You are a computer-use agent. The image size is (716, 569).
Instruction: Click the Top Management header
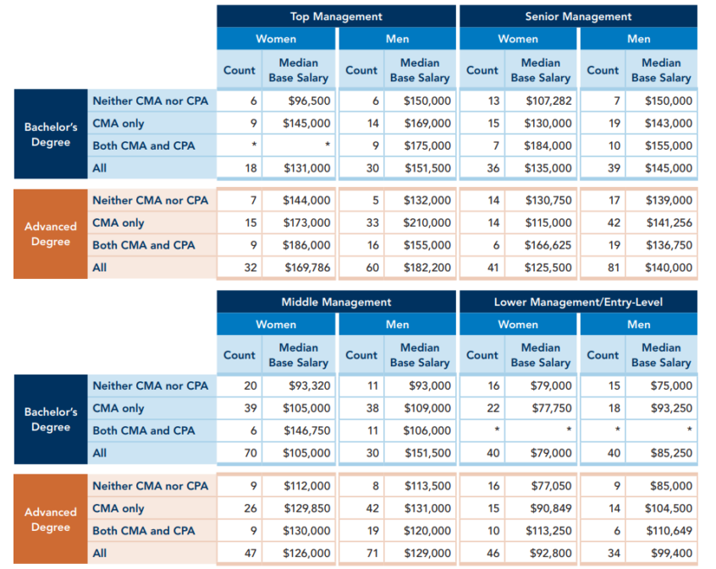(336, 16)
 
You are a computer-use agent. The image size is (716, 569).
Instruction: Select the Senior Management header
(578, 16)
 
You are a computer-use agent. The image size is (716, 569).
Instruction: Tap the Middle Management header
(336, 302)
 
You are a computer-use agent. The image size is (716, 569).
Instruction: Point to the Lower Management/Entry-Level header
(578, 302)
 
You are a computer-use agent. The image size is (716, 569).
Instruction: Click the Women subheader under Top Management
(276, 39)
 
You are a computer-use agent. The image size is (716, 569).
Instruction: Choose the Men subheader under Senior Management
(639, 39)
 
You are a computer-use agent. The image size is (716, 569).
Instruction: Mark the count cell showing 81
(603, 268)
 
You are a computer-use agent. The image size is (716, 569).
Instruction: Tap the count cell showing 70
(240, 453)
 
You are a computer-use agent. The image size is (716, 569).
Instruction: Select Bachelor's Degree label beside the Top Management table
(51, 134)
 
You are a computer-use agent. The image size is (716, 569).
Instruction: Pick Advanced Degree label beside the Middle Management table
(51, 519)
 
